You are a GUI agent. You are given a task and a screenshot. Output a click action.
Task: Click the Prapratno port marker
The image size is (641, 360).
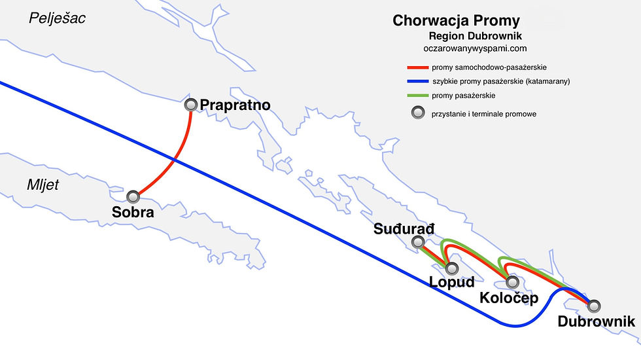pyautogui.click(x=191, y=105)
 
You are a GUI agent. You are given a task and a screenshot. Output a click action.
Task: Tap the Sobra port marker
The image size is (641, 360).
pyautogui.click(x=133, y=196)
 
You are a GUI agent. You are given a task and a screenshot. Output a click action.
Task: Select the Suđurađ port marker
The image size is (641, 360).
pyautogui.click(x=418, y=243)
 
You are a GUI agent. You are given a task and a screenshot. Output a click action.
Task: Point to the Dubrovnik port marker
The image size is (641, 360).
pyautogui.click(x=593, y=305)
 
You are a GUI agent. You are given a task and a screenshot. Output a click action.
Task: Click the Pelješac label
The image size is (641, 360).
pyautogui.click(x=57, y=18)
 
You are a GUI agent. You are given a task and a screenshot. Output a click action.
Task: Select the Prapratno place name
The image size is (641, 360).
pyautogui.click(x=235, y=105)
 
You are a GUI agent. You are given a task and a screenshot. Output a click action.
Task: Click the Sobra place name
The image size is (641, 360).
pyautogui.click(x=133, y=212)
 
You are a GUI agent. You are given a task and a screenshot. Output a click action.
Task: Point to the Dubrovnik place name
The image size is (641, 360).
pyautogui.click(x=597, y=321)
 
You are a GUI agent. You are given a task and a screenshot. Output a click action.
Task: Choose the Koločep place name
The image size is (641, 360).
pyautogui.click(x=508, y=298)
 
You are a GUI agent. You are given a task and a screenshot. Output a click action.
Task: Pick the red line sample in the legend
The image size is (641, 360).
pyautogui.click(x=417, y=67)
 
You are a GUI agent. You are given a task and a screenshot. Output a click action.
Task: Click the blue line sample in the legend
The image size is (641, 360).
pyautogui.click(x=417, y=82)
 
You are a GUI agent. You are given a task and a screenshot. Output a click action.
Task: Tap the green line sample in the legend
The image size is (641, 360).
pyautogui.click(x=417, y=96)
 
